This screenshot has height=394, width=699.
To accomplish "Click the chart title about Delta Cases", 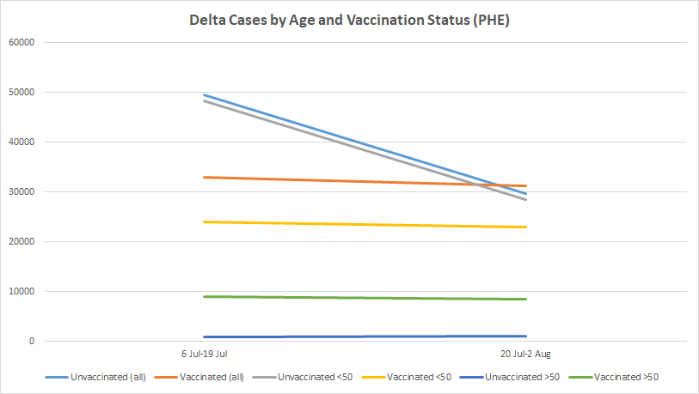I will tap(349, 21).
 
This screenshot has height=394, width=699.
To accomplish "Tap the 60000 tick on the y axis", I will tap(21, 42).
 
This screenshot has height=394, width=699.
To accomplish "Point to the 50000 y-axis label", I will tap(21, 92).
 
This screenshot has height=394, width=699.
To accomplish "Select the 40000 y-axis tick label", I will tap(21, 142).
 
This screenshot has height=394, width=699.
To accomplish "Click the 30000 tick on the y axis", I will tap(21, 191).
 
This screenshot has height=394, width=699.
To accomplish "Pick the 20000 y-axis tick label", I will tap(21, 241).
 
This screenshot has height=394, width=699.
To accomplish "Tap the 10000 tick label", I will tap(21, 291).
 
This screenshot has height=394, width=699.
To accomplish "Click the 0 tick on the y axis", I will tap(31, 341).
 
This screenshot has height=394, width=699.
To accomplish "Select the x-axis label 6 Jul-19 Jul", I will tap(204, 354).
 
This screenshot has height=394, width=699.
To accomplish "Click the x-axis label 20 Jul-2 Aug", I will tap(525, 354).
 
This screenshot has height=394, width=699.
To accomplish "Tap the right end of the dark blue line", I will tap(525, 336).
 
